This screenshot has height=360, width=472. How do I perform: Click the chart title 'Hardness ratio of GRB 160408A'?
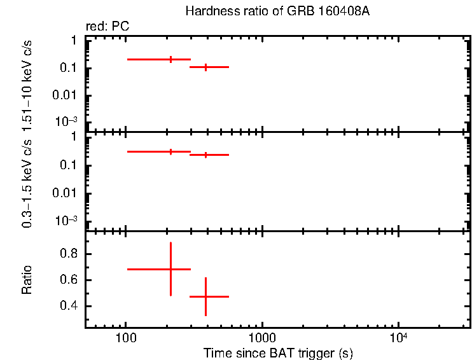(x=277, y=11)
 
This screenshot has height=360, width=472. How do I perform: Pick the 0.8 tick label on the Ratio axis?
(x=67, y=254)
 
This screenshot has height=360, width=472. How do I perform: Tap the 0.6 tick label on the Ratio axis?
(x=67, y=280)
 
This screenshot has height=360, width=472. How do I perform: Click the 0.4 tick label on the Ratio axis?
(x=67, y=306)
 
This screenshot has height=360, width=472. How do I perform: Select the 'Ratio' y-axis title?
(x=27, y=280)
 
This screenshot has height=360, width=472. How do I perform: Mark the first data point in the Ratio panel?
(x=170, y=269)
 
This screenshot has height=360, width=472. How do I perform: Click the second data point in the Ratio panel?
(x=205, y=296)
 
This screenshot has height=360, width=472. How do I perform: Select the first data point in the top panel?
(x=170, y=59)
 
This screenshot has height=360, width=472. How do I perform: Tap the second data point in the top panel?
(x=205, y=67)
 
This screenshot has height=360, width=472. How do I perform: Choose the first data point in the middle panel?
(x=170, y=151)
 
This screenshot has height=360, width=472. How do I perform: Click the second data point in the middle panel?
(x=205, y=155)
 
